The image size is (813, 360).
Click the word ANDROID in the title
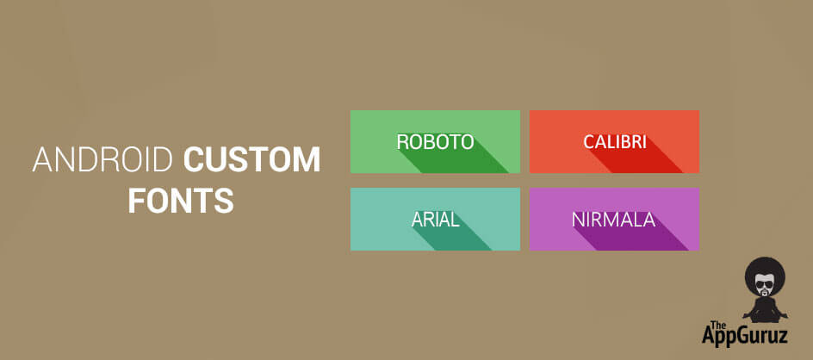click(102, 159)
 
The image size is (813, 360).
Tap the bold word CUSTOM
click(252, 159)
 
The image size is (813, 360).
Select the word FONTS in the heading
click(181, 200)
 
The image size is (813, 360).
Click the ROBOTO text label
click(436, 141)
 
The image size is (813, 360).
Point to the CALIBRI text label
click(615, 141)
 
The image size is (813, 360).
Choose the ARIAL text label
click(436, 220)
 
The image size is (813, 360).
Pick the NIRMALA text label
click(613, 220)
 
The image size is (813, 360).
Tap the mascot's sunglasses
click(764, 285)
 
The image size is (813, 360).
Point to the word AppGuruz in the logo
click(745, 335)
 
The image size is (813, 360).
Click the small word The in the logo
click(717, 325)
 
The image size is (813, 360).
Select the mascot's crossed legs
click(766, 316)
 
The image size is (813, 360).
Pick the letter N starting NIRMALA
click(578, 220)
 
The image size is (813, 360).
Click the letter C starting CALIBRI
click(589, 141)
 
